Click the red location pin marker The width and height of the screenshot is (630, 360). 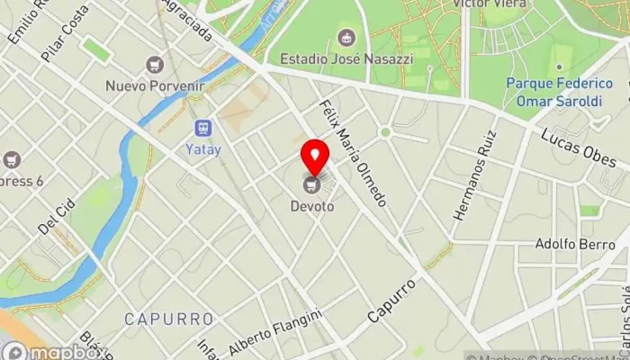314,157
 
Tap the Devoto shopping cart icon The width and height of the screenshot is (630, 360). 312,184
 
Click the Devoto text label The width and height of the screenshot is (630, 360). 312,206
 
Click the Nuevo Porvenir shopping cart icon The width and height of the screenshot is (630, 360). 155,65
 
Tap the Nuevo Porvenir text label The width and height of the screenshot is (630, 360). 155,86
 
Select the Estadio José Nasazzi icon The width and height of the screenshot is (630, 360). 346,38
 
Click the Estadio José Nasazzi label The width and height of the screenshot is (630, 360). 346,58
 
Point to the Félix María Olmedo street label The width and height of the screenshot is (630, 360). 353,153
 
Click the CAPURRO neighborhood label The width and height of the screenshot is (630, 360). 169,319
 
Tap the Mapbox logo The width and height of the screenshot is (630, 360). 54,351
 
